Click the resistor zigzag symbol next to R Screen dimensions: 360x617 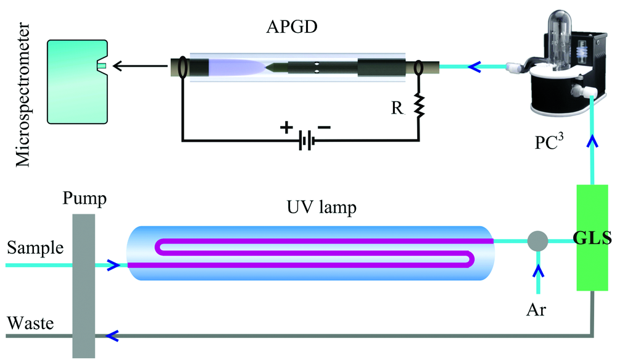pyautogui.click(x=419, y=106)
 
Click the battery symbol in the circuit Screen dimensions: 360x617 pyautogui.click(x=305, y=141)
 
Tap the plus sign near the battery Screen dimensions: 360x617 pyautogui.click(x=286, y=128)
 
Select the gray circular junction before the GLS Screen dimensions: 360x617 pyautogui.click(x=537, y=240)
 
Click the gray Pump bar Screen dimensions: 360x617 pyautogui.click(x=83, y=284)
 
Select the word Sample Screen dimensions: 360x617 pyautogui.click(x=35, y=249)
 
